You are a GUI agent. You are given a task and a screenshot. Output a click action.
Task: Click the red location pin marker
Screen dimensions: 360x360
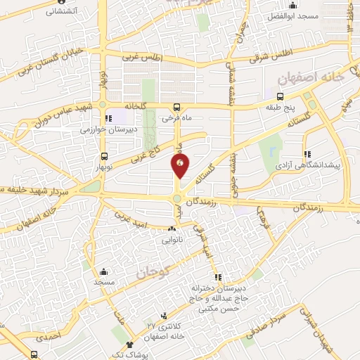181,166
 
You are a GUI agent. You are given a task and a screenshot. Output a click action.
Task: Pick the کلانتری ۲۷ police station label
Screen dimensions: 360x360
169,326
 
